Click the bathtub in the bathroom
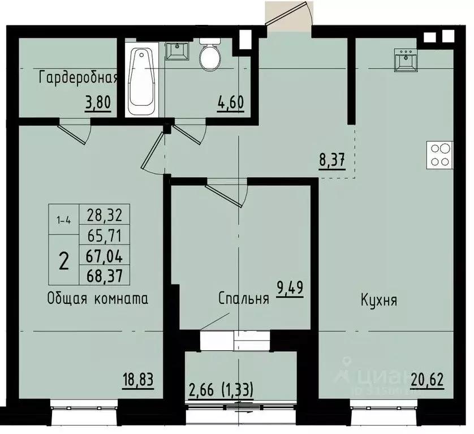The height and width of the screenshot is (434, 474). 141,81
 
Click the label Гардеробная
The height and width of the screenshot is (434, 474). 78,78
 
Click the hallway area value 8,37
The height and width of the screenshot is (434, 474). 331,161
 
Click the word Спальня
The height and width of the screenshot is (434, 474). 243,299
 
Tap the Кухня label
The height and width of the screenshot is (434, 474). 378,300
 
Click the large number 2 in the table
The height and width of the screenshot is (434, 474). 64,261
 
